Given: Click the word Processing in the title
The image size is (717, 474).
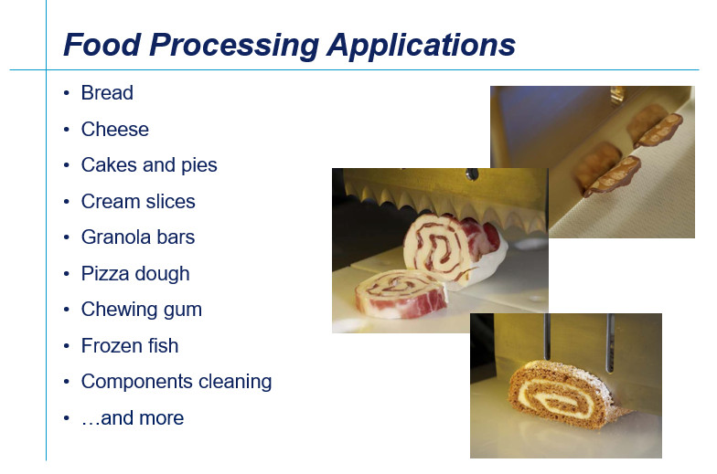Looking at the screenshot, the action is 234,46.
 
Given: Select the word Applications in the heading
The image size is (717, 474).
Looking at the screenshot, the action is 421,45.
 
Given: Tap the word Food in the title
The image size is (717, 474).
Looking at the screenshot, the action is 102,44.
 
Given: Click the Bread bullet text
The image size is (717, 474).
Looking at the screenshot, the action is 107,93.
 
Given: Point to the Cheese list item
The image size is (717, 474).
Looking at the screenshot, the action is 115,130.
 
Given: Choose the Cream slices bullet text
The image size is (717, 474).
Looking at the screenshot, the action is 138,201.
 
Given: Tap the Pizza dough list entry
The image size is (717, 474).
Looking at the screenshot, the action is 135,274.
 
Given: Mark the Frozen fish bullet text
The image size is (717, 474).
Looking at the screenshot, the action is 130,345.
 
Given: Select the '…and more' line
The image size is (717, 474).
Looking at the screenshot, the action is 133,418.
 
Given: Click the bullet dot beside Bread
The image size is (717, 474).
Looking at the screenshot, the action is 67,93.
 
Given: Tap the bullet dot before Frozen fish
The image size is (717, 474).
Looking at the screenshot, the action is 67,346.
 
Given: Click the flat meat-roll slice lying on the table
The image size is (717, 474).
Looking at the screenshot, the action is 401,293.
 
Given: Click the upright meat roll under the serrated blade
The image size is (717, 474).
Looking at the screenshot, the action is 446,248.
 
